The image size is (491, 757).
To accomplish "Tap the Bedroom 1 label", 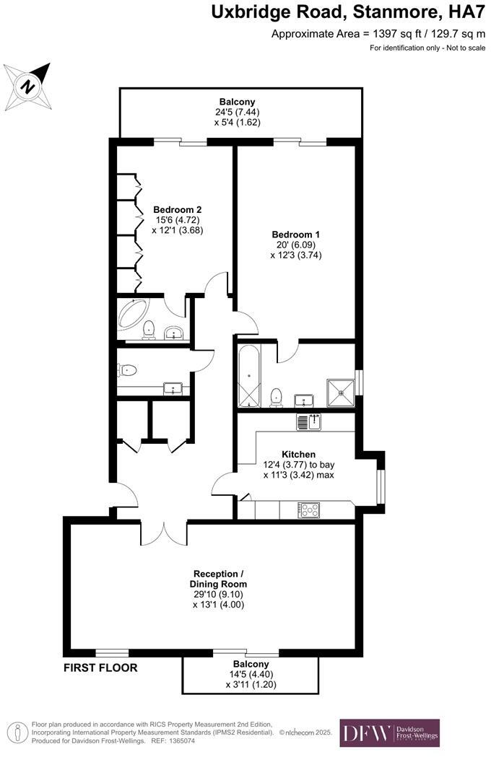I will (x=295, y=235).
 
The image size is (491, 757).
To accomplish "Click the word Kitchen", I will (x=298, y=454).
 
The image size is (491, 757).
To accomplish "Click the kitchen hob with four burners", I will (x=310, y=509).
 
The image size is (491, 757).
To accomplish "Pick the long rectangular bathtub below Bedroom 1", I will (x=248, y=377).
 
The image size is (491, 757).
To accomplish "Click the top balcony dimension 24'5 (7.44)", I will (x=237, y=112).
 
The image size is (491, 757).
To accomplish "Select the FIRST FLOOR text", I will (x=100, y=668).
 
